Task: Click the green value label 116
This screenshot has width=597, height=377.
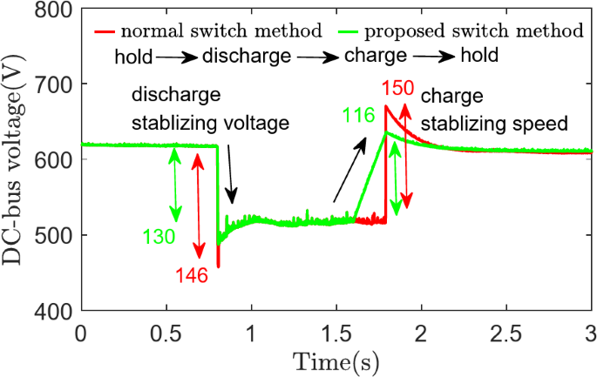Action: click(358, 137)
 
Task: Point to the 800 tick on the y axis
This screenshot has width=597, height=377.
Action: click(55, 10)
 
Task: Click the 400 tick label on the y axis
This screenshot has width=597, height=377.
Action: click(55, 310)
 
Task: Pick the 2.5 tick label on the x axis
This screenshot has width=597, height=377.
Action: click(505, 334)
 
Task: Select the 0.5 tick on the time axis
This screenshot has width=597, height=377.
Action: click(166, 334)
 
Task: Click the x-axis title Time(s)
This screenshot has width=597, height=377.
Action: click(336, 360)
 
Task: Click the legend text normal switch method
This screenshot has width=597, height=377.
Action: click(221, 31)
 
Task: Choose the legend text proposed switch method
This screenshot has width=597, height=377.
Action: click(473, 31)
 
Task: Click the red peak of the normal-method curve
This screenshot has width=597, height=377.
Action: click(386, 106)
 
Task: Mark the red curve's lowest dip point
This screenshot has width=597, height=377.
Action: click(218, 266)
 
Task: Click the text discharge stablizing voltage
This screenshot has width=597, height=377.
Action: click(209, 109)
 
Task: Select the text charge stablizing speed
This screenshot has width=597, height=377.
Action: click(494, 109)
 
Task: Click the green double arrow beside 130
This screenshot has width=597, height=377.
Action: click(175, 185)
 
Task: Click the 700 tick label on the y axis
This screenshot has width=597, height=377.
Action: click(55, 85)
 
